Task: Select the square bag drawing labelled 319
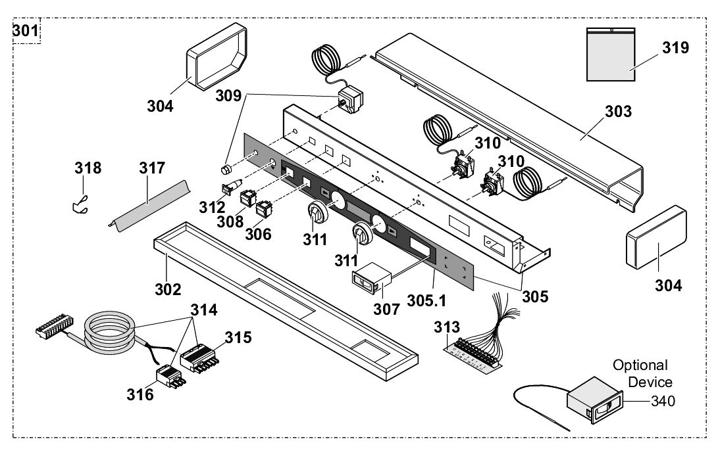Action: (x=611, y=55)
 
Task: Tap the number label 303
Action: (x=618, y=111)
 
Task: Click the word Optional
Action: (x=640, y=365)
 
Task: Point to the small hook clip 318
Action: (x=79, y=206)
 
